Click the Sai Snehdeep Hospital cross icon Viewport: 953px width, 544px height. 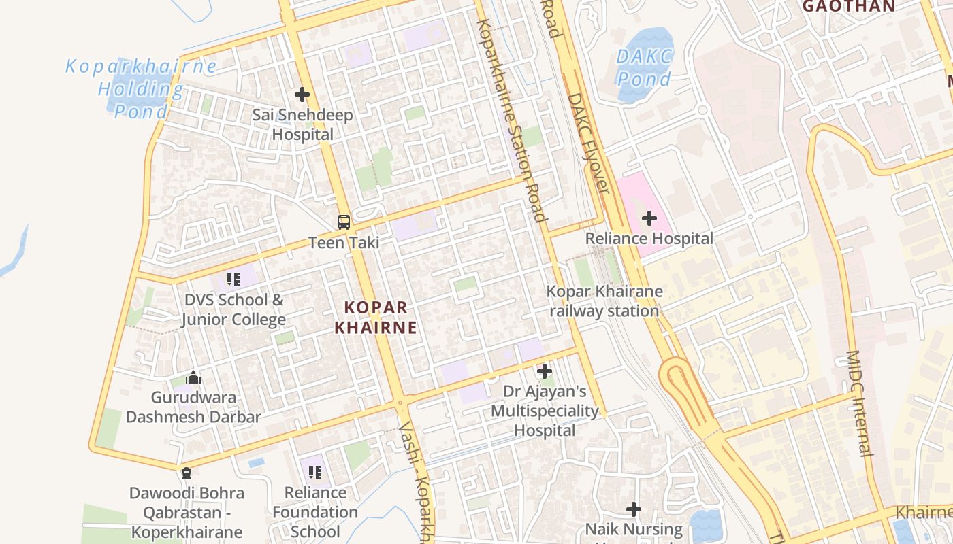[x=302, y=95]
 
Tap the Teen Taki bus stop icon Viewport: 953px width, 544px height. [x=344, y=222]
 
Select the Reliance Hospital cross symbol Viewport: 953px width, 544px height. [x=649, y=218]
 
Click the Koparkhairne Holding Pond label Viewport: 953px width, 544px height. [x=141, y=88]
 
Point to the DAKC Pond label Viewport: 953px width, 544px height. [x=644, y=67]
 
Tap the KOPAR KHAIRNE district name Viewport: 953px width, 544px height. [x=375, y=317]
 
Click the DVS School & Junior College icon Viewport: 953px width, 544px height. [x=233, y=279]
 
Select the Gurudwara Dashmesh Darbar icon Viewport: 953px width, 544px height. [x=194, y=377]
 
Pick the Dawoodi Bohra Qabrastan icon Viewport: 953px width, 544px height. [x=187, y=473]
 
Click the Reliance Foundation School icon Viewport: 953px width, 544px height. [x=314, y=472]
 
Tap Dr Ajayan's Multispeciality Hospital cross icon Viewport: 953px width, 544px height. [x=545, y=371]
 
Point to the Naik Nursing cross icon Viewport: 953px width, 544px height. [x=634, y=509]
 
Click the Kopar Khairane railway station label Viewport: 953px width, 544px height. [x=604, y=301]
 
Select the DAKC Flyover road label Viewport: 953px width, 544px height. [x=587, y=143]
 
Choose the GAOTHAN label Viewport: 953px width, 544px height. [x=848, y=6]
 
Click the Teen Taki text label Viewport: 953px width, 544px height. [x=344, y=242]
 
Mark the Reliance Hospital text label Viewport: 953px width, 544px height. [x=649, y=239]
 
